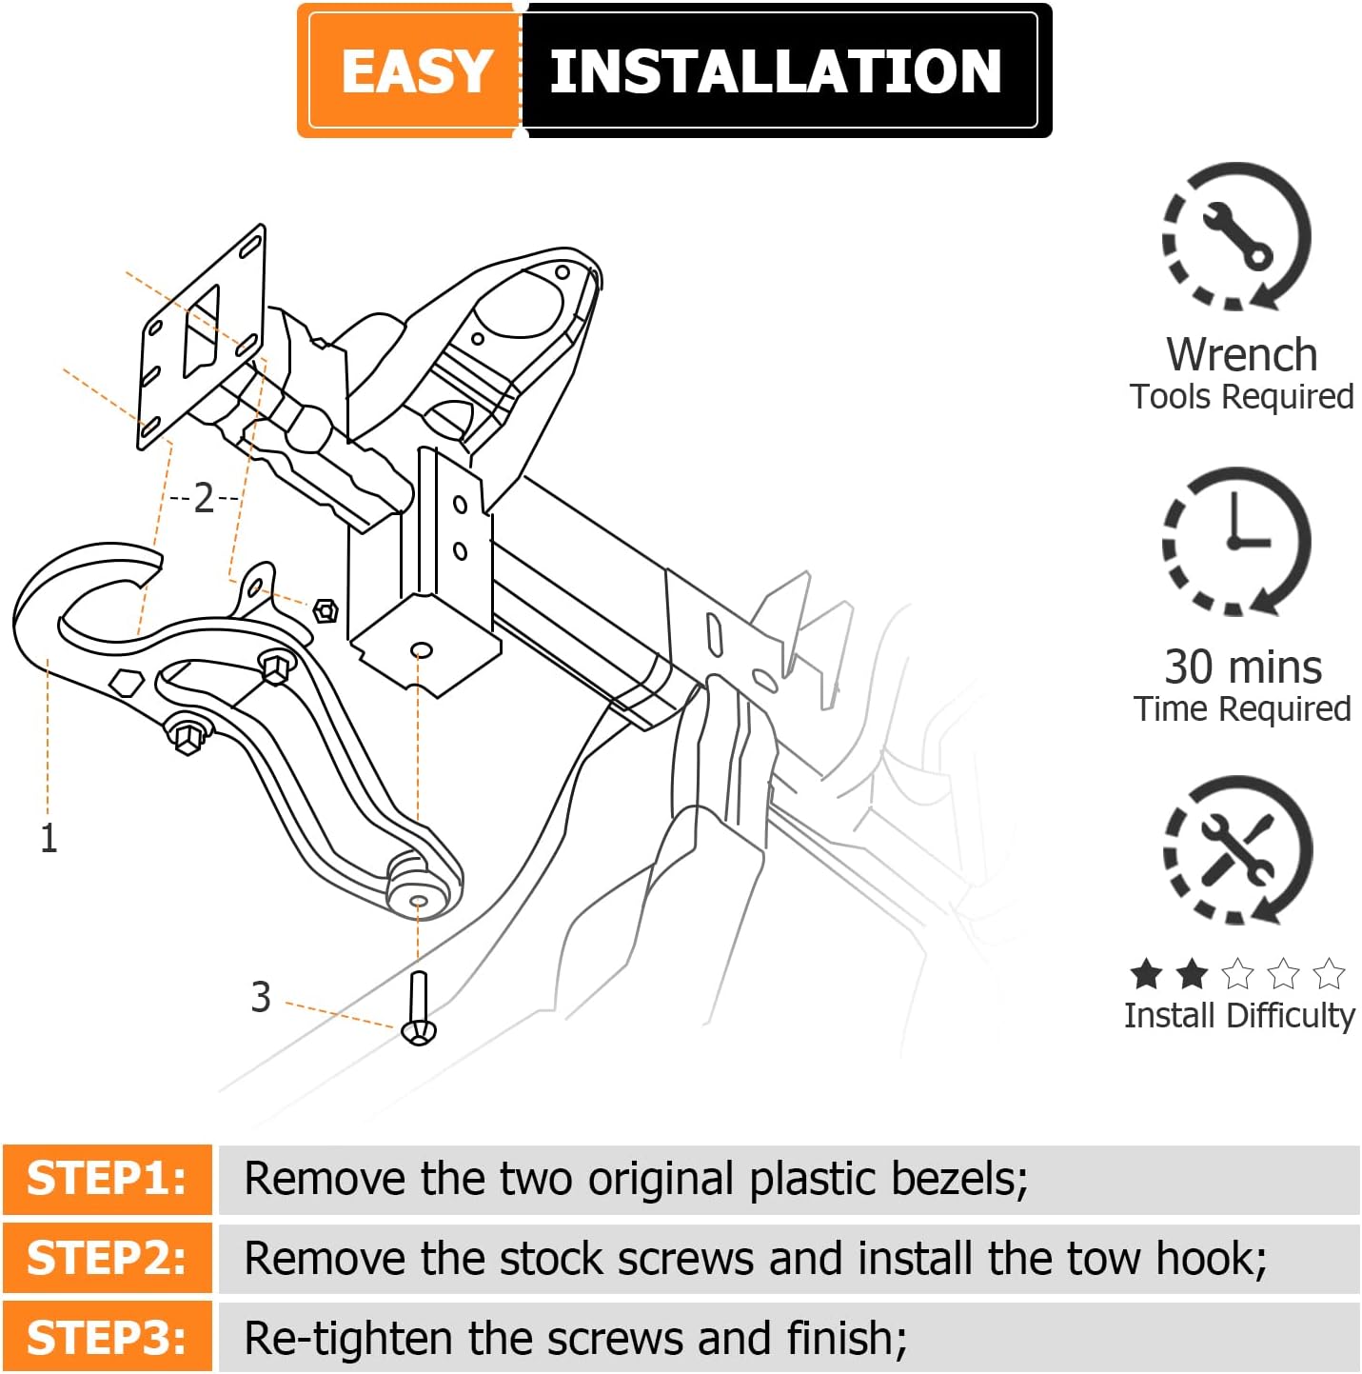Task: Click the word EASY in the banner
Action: point(417,71)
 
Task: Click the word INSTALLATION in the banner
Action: point(776,71)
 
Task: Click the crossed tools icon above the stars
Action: point(1237,850)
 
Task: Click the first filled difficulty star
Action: point(1146,974)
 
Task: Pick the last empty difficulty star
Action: point(1329,974)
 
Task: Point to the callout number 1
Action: point(49,839)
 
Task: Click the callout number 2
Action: point(204,497)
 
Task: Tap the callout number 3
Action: point(261,997)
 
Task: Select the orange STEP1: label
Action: point(107,1179)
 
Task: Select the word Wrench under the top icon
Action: point(1241,354)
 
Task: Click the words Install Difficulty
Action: point(1239,1015)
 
